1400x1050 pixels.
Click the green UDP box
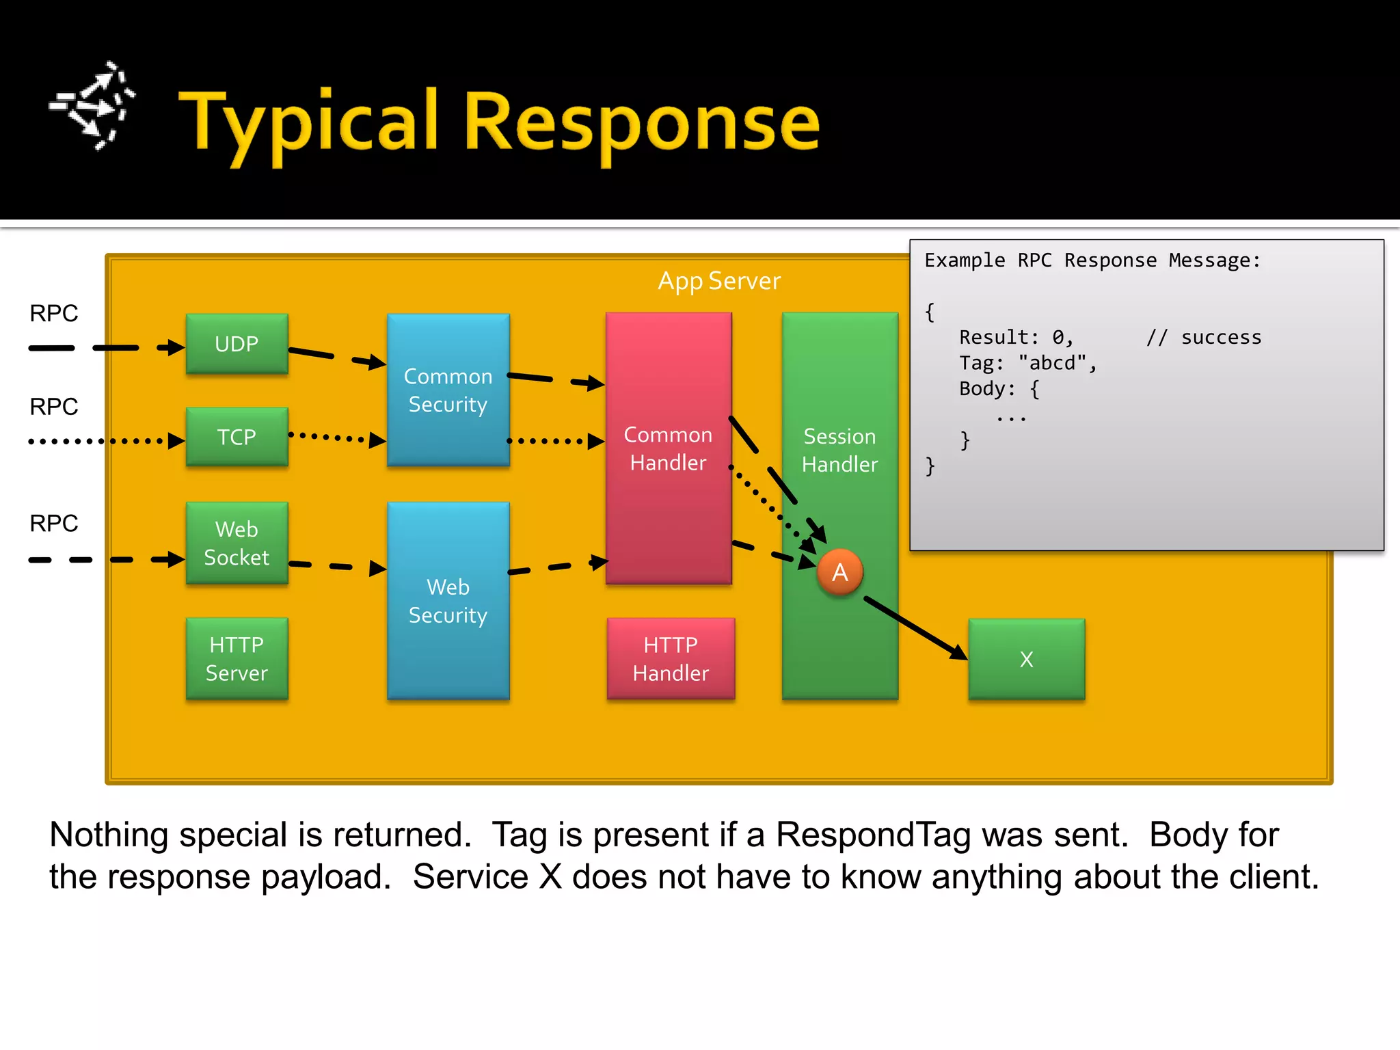tap(237, 344)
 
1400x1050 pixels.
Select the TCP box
tap(237, 437)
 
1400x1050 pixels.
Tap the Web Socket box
tap(237, 543)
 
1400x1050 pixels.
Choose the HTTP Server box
tap(237, 658)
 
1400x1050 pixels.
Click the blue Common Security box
tap(448, 390)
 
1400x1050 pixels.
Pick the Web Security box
tap(448, 601)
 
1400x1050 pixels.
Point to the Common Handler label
tap(668, 448)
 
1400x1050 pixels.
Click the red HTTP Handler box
tap(671, 658)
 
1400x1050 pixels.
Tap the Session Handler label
tap(839, 450)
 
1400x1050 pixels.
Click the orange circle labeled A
tap(839, 572)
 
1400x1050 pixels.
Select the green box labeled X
tap(1026, 659)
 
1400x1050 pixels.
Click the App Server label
tap(718, 281)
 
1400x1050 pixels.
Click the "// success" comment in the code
tap(1203, 338)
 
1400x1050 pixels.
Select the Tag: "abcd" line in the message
tap(1027, 363)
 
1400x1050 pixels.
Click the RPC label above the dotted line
tap(53, 407)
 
